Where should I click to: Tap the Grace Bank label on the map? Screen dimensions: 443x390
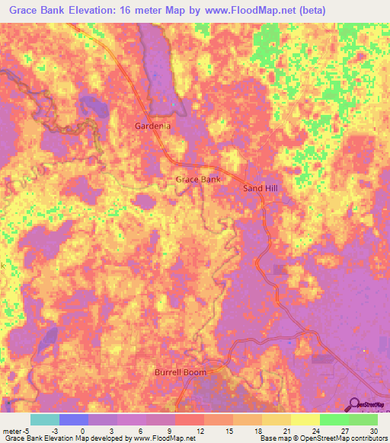[x=198, y=180]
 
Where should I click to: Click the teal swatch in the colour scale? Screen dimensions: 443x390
[x=45, y=419]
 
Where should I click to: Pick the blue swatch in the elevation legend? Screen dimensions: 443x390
[x=74, y=419]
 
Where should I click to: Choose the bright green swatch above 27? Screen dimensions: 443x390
[x=334, y=419]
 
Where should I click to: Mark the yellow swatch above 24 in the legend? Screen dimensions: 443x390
[x=305, y=419]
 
